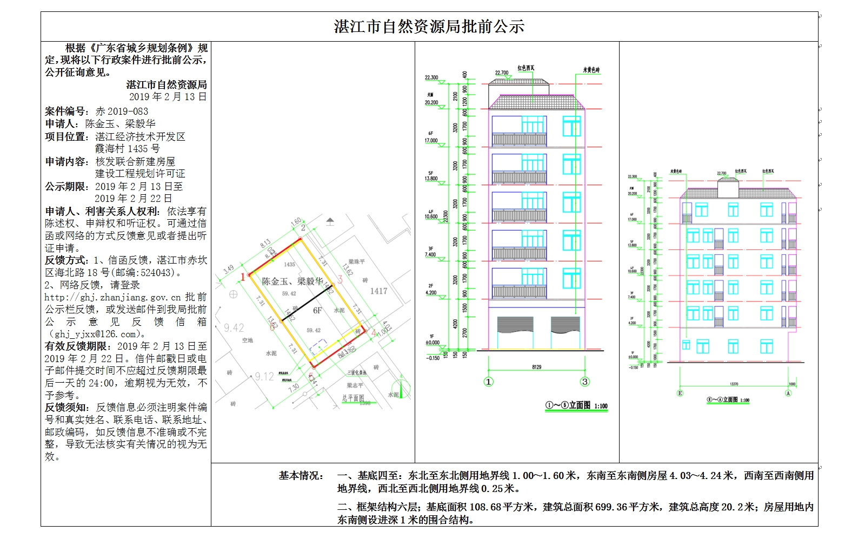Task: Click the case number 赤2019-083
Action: click(x=122, y=111)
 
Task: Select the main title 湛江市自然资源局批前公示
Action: click(x=429, y=27)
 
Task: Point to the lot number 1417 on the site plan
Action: click(x=378, y=291)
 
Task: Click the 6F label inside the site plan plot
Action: click(x=317, y=311)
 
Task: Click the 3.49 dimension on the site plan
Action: click(x=229, y=269)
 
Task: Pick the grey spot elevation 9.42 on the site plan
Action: click(x=234, y=328)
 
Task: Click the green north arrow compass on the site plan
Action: click(x=401, y=388)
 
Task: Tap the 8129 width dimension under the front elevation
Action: click(x=536, y=368)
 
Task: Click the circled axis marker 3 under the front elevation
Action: click(x=584, y=382)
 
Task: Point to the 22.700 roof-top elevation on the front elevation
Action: click(x=502, y=73)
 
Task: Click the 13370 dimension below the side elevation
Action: click(x=734, y=384)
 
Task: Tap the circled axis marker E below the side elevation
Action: click(x=680, y=393)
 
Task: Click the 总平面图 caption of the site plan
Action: click(x=352, y=398)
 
